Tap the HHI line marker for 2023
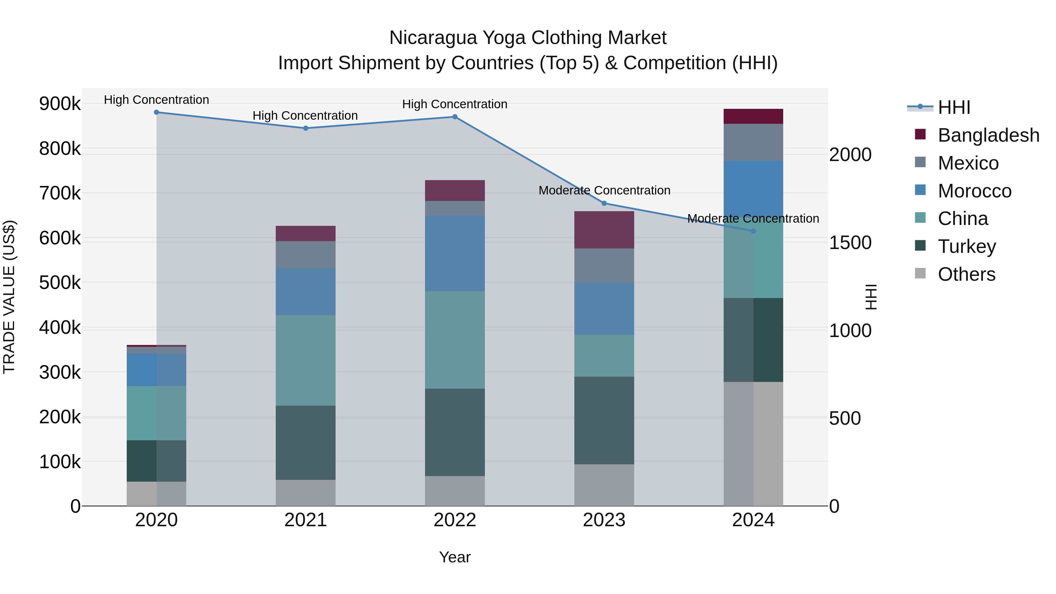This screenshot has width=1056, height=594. [x=604, y=203]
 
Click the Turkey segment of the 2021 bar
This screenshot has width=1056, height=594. [x=305, y=443]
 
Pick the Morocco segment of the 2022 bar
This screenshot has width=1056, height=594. [x=455, y=253]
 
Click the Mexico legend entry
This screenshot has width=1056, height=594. [x=968, y=163]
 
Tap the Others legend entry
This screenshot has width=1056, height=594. [x=966, y=274]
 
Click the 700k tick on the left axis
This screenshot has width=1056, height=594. [x=60, y=193]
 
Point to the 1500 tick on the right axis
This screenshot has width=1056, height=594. [x=850, y=243]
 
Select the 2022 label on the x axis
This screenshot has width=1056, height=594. [x=455, y=520]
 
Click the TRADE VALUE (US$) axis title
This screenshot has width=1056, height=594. [x=9, y=297]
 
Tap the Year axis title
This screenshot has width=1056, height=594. [x=455, y=557]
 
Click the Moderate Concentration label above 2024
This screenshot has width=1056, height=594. [x=753, y=219]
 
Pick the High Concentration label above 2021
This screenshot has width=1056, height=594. [x=305, y=116]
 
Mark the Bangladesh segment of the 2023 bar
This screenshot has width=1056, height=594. [x=604, y=230]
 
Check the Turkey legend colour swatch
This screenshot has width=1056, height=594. [x=920, y=246]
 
